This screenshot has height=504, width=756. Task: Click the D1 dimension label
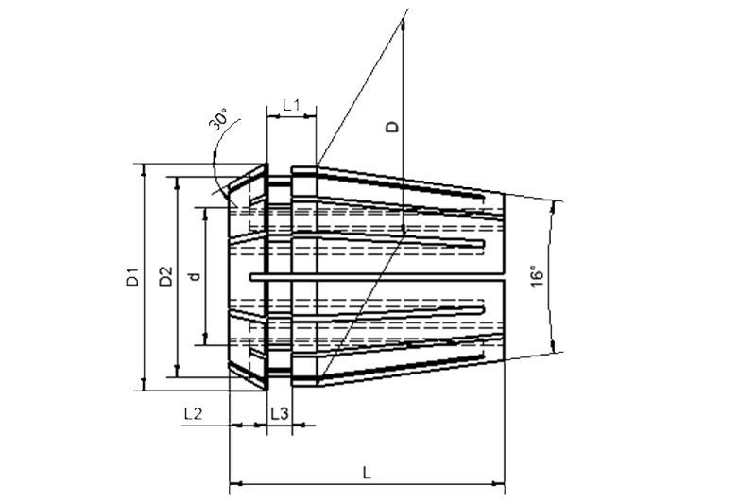tap(132, 276)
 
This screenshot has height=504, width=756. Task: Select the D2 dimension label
tap(166, 276)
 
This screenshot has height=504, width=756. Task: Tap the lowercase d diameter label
tap(195, 276)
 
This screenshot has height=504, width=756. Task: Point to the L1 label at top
tap(291, 105)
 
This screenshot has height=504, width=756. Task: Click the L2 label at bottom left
tap(193, 413)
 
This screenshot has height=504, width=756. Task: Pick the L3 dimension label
tap(280, 413)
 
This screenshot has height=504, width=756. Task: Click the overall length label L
tap(367, 473)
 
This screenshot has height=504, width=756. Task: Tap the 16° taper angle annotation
tap(537, 276)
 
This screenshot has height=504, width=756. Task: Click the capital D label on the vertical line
tap(394, 127)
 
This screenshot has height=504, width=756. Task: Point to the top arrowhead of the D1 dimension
tap(144, 170)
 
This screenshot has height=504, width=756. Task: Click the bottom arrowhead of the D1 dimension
tap(144, 385)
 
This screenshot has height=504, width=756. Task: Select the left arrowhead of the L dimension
tap(235, 483)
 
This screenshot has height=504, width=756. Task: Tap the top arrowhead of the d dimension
tap(206, 214)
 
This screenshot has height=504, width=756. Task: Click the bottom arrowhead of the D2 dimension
tap(177, 371)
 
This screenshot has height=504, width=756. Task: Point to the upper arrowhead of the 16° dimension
tap(554, 207)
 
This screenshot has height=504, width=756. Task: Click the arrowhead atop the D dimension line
tap(403, 26)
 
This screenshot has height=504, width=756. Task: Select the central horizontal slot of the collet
tap(377, 278)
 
